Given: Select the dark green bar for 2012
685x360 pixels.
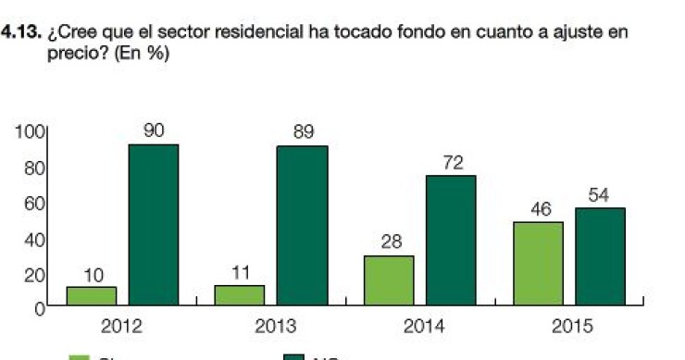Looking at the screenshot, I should coord(153,225).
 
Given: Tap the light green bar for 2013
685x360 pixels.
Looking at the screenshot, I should coord(240,295).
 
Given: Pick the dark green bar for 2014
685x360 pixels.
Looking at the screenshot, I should coord(450,241).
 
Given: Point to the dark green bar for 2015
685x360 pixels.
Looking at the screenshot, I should coord(599,257).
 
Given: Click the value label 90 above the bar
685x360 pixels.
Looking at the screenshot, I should coord(154,130).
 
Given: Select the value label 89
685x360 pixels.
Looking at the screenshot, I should coord(303,132).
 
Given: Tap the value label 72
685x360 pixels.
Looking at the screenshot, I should coord(452,162).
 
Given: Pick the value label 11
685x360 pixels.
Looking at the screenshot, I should coord(240,272).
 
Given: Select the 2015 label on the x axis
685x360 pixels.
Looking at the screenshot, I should coord(572,327).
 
